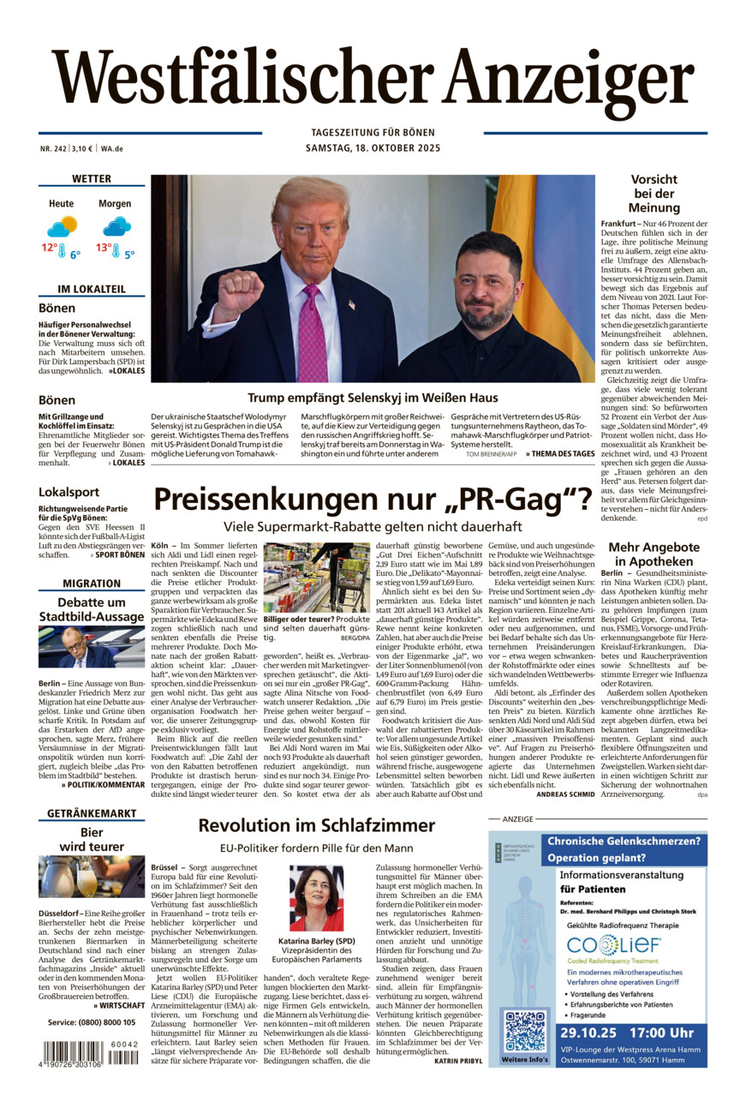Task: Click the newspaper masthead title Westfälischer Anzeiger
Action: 373,83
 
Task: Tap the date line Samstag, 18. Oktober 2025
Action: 372,147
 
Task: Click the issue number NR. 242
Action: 52,147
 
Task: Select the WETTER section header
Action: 92,179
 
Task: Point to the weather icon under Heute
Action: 63,226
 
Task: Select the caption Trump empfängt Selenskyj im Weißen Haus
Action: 373,398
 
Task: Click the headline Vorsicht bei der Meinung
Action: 653,194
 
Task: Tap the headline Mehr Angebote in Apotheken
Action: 653,554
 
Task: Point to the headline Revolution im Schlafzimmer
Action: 317,825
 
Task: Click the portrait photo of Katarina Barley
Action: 316,898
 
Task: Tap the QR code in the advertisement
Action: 525,1031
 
